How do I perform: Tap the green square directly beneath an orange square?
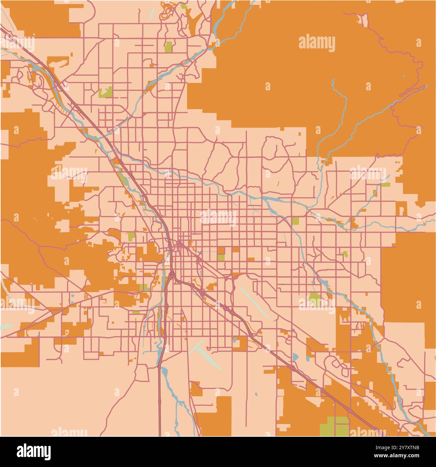tap(221, 258)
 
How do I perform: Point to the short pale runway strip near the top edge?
tap(152, 13)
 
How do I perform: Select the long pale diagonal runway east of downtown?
tap(253, 301)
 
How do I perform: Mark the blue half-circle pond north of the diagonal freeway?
tap(295, 356)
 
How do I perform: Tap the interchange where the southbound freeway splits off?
tap(172, 275)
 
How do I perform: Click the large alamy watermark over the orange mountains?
tap(317, 44)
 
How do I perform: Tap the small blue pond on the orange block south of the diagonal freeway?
tap(235, 340)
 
